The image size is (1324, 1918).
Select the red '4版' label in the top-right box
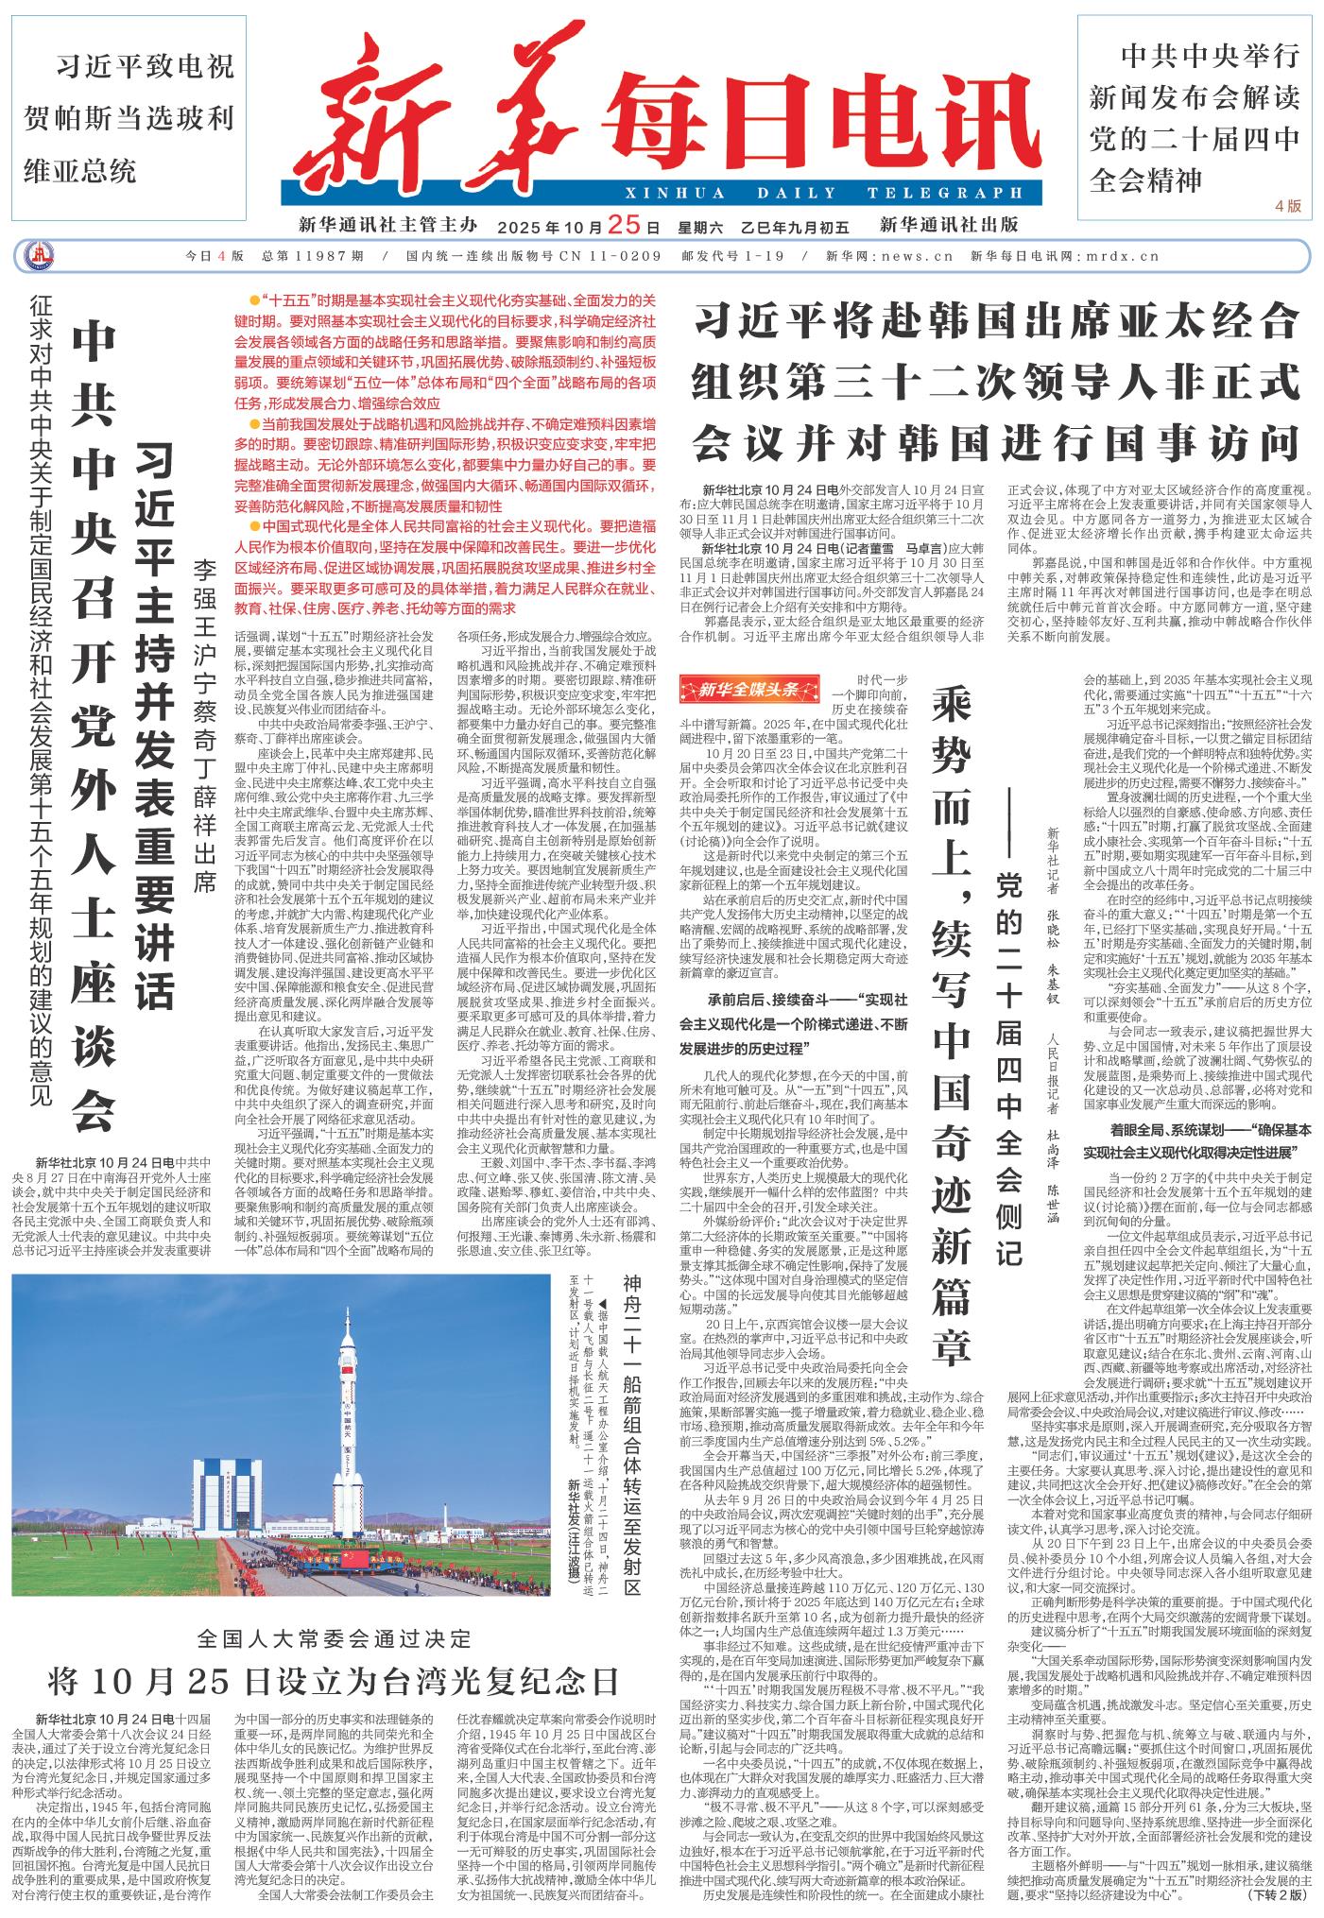pos(1287,205)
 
